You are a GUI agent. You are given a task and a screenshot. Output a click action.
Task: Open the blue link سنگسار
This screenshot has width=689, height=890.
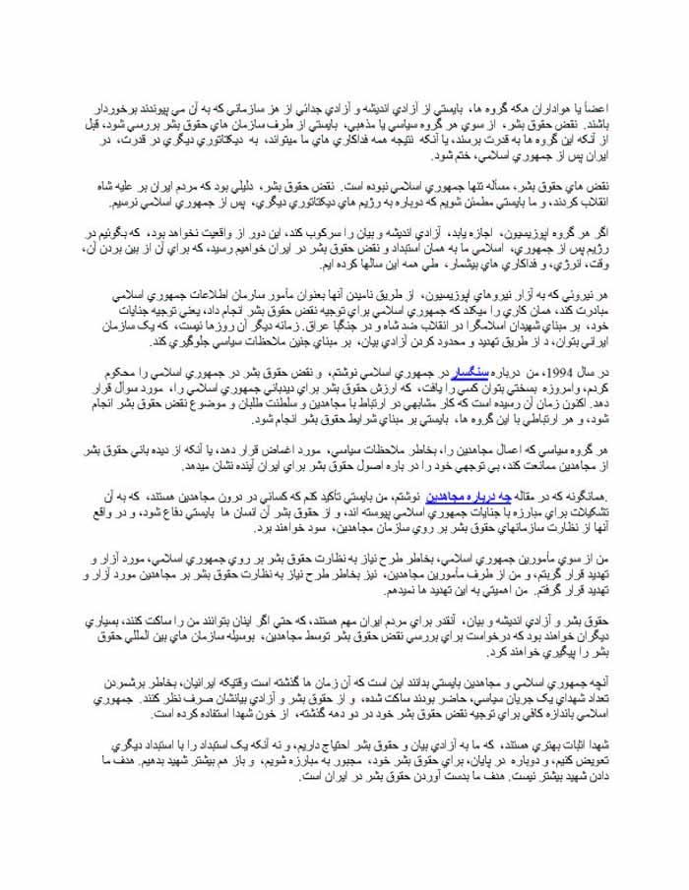(460, 374)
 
